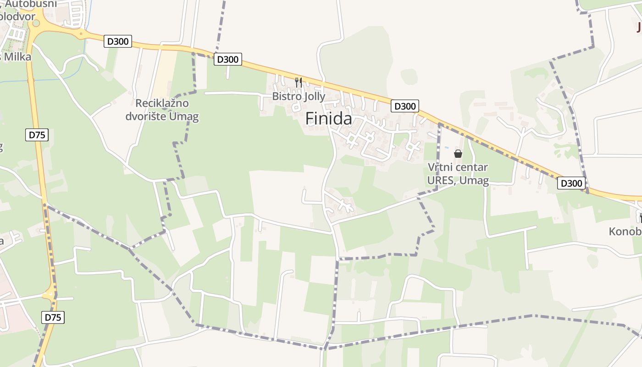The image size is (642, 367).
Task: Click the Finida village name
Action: (329, 119)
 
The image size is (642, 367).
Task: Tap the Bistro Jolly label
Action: (299, 96)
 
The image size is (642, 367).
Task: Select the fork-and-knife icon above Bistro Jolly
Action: (299, 83)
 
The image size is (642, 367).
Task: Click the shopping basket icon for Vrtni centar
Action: (458, 153)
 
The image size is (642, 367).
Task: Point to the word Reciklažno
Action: (162, 103)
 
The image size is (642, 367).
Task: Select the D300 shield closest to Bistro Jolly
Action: (228, 59)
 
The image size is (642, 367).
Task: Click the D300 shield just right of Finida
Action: (405, 106)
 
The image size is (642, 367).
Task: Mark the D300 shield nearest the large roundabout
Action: (118, 41)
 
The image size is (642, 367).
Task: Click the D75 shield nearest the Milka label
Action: (37, 135)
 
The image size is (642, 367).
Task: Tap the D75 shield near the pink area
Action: (53, 317)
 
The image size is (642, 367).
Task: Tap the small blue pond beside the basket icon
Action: (447, 148)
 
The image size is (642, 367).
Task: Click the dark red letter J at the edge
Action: (638, 28)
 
